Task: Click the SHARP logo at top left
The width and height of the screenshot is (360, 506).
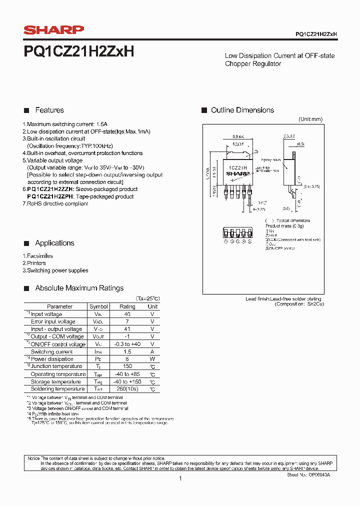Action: tap(54, 30)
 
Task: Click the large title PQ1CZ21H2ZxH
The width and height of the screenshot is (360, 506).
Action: tap(79, 51)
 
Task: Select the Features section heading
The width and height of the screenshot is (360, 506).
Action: tap(49, 110)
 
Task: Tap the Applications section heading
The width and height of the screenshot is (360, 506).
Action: tap(54, 243)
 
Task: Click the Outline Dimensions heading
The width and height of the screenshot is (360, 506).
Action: tap(242, 110)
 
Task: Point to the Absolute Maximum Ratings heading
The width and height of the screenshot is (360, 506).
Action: tap(79, 288)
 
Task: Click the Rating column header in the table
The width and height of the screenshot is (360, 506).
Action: tap(127, 306)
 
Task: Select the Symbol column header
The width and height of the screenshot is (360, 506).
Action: tap(98, 306)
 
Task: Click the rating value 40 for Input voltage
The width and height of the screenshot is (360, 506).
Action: tap(127, 314)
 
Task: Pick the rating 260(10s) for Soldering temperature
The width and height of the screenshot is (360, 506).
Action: tap(127, 389)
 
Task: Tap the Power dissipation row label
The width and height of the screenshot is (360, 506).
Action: tap(52, 359)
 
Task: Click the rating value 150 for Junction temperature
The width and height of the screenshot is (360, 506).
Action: tap(127, 366)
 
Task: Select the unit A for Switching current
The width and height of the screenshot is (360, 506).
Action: tap(152, 351)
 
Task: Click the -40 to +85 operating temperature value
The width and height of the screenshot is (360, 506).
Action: tap(127, 374)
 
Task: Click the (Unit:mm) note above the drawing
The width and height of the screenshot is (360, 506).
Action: tap(310, 119)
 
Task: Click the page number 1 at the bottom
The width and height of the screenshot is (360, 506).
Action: tap(180, 478)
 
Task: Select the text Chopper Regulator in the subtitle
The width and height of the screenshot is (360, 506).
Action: tap(253, 63)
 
